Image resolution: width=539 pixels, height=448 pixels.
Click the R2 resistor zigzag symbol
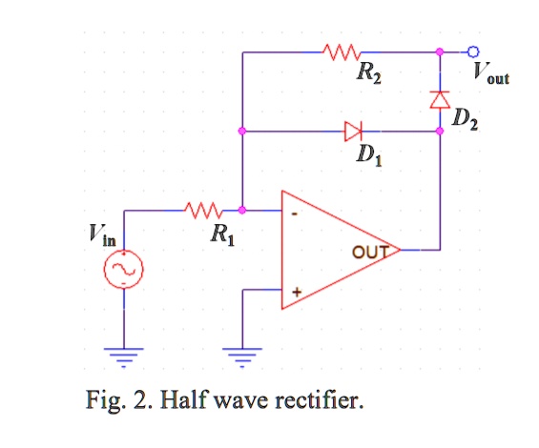(342, 51)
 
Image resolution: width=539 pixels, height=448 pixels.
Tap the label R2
(367, 77)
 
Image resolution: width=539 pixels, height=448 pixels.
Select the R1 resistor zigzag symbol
(202, 209)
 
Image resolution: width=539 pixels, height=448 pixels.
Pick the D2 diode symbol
(440, 98)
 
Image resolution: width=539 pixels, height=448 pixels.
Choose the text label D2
(466, 119)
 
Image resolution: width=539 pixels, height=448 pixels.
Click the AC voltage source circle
(124, 272)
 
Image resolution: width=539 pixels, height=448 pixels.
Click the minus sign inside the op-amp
(295, 216)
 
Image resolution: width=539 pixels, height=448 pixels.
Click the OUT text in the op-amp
(369, 253)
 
